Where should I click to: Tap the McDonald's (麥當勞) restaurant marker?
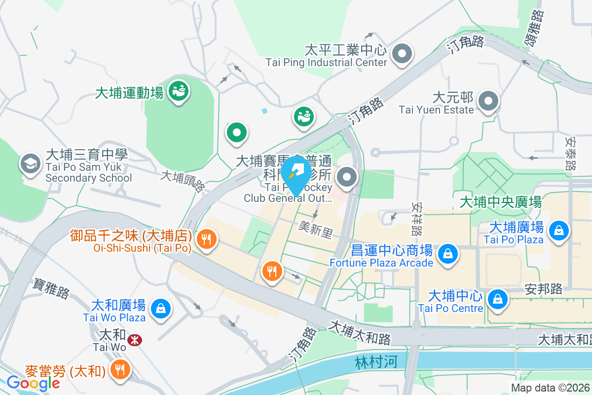tap(119, 368)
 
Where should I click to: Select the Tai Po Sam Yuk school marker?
tap(30, 164)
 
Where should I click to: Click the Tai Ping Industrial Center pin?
tap(402, 53)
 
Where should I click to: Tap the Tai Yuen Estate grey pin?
tap(488, 101)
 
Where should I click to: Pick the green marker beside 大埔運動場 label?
tap(178, 91)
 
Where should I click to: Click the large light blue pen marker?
tap(296, 173)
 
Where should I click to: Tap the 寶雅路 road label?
tap(52, 288)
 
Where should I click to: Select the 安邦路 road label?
tap(544, 289)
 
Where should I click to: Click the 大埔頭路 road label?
tap(183, 181)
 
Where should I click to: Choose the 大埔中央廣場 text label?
tap(500, 202)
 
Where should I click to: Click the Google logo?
tap(33, 383)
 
